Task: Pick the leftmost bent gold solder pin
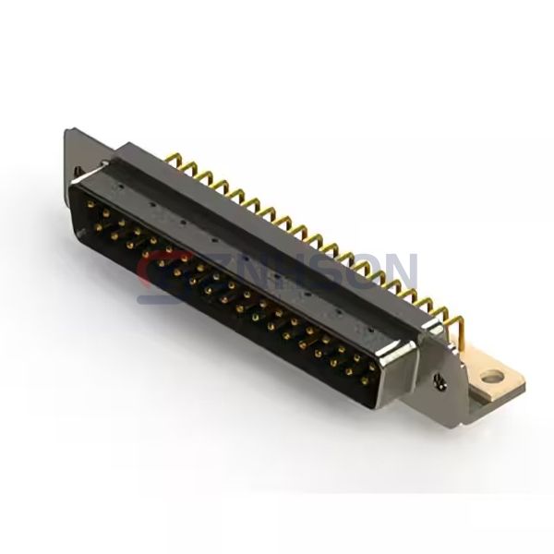click(x=172, y=160)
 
